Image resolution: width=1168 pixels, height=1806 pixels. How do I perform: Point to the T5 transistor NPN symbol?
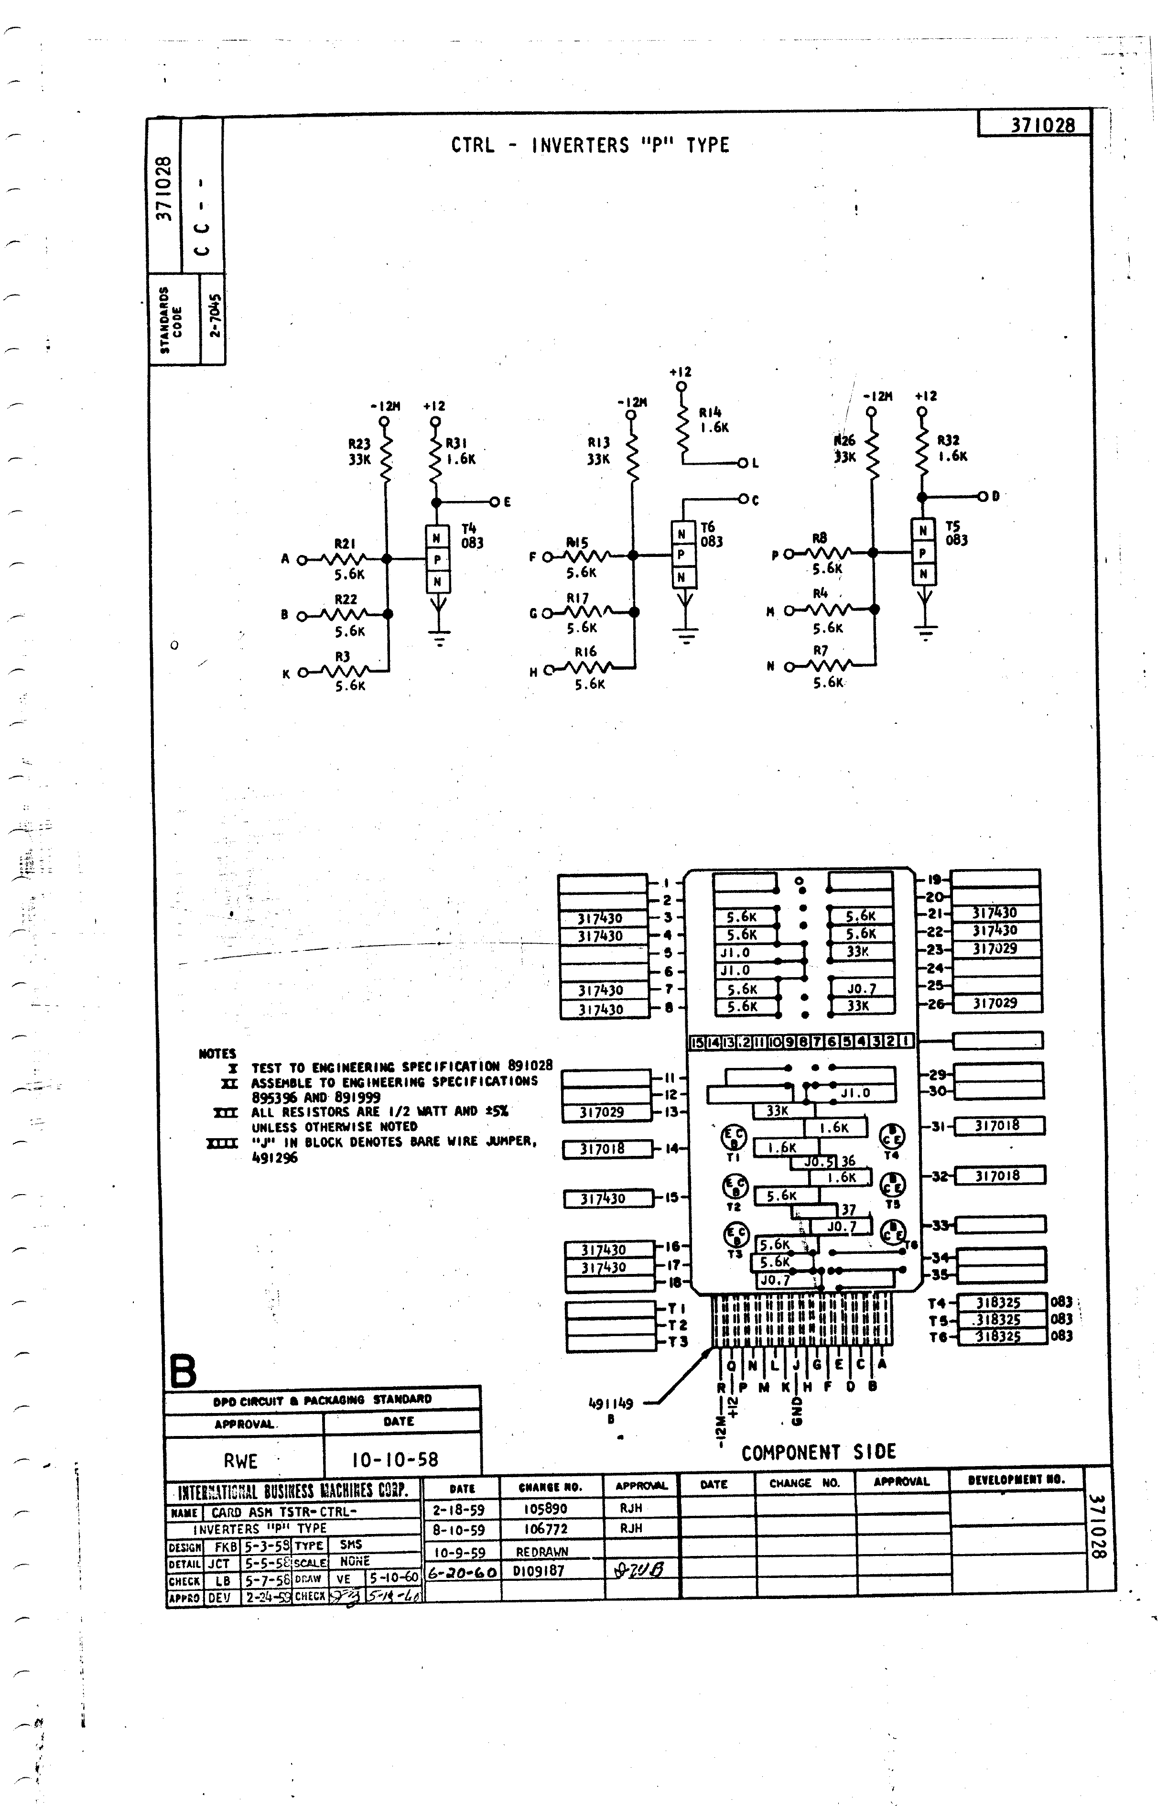click(922, 552)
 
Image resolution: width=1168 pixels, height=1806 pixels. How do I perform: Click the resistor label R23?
click(359, 444)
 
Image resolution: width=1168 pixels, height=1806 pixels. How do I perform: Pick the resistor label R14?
click(710, 413)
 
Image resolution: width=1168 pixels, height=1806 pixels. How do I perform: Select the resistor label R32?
click(948, 440)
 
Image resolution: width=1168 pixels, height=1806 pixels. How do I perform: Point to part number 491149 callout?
click(611, 1404)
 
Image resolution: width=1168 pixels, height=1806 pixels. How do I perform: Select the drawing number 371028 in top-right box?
click(1043, 125)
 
